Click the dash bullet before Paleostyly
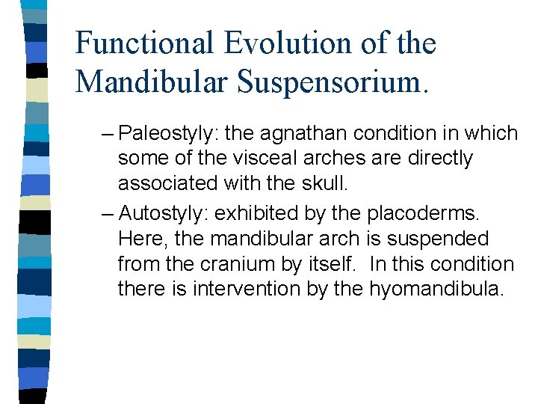click(x=108, y=134)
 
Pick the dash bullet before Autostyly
click(x=108, y=213)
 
